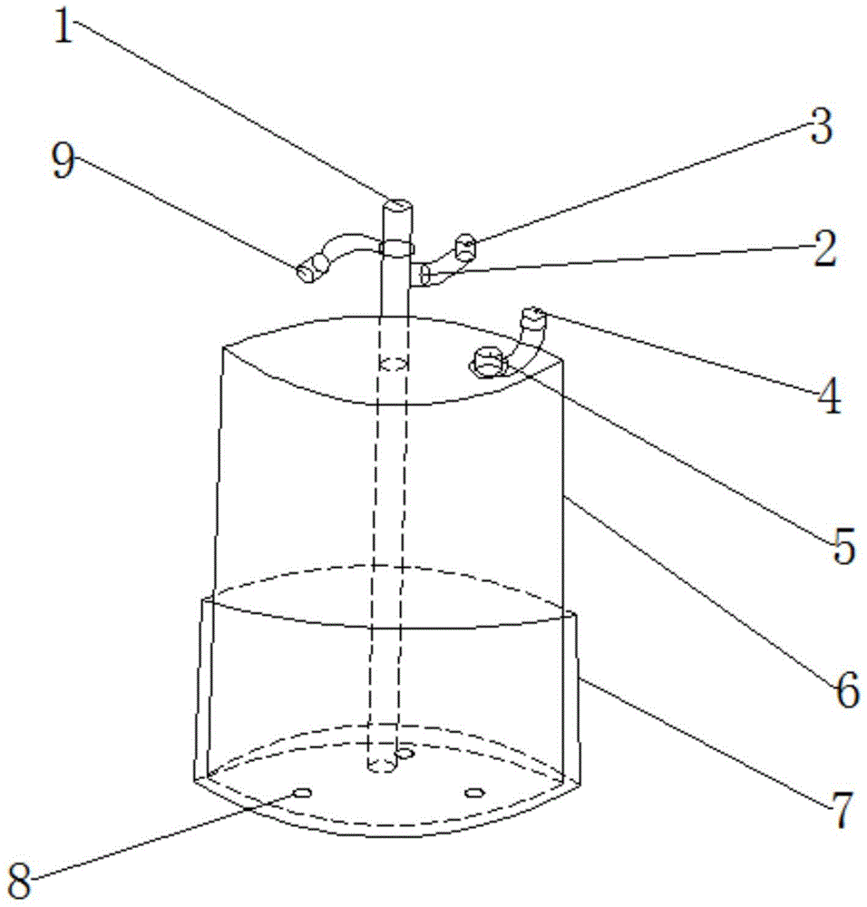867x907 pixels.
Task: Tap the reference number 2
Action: (823, 250)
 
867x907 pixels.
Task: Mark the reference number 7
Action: (843, 810)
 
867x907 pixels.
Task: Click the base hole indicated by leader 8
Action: (302, 792)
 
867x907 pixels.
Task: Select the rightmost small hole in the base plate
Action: (472, 793)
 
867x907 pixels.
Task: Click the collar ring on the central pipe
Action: (396, 247)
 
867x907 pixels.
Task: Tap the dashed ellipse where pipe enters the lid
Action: (393, 365)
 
